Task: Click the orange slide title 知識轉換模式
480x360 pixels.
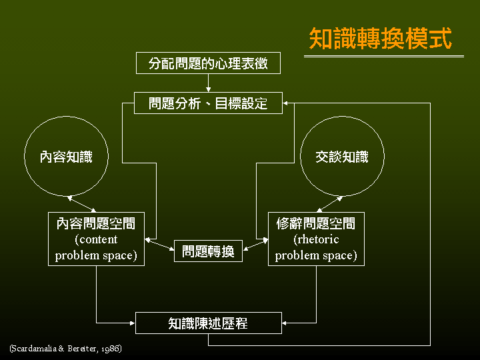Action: click(381, 39)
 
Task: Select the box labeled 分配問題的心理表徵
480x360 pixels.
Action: click(208, 63)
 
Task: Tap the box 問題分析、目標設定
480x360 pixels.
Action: click(208, 103)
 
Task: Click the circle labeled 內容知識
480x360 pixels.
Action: click(66, 157)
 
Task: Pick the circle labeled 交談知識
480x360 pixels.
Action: click(342, 157)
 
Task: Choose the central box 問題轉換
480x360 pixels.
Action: click(208, 251)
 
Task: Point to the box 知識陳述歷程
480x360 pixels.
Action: click(208, 323)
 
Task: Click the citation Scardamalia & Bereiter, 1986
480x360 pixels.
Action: click(65, 349)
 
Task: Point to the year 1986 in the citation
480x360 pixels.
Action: click(110, 349)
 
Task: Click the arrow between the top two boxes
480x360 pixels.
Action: click(208, 83)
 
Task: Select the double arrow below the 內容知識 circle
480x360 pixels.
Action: click(82, 203)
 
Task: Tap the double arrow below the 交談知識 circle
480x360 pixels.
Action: click(329, 203)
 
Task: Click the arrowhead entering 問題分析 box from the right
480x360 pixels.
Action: click(287, 103)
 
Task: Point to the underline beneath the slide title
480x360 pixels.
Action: click(383, 57)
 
